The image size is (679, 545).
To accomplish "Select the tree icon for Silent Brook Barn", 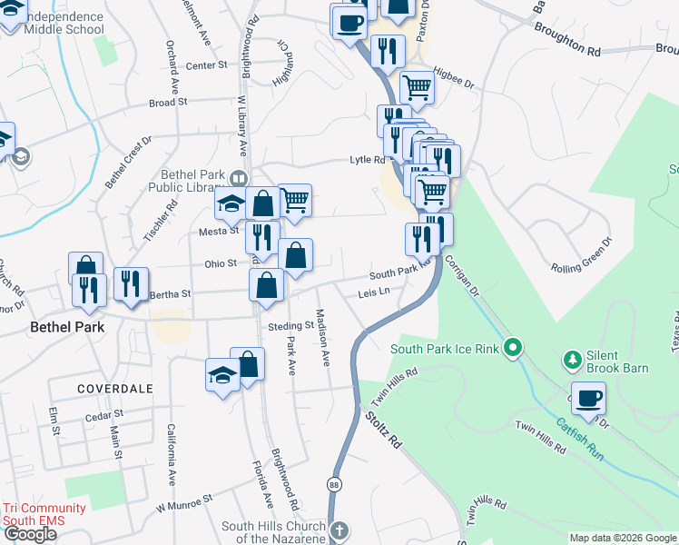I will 573,362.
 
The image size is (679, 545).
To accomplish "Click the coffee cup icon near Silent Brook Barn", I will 588,398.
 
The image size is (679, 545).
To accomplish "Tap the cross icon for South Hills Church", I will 338,530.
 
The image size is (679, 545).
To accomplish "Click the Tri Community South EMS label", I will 44,514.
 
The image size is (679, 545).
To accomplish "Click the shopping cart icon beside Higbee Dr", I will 417,88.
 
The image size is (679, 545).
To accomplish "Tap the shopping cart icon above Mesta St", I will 294,200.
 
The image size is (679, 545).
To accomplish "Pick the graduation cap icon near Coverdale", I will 222,375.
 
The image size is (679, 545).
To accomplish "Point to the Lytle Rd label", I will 368,160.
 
